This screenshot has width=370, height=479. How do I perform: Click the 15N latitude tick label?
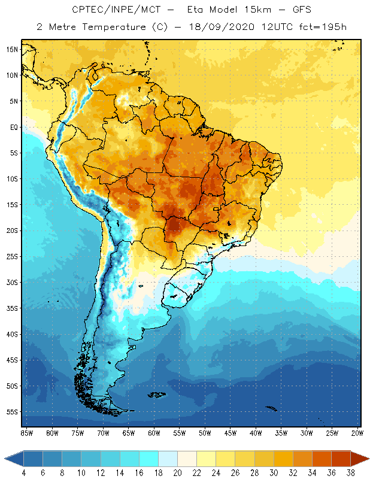[12, 49]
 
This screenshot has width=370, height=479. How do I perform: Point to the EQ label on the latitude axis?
[13, 127]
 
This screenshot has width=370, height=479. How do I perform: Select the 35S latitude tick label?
[12, 308]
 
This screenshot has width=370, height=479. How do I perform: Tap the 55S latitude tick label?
[12, 412]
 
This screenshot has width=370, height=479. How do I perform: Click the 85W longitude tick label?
[26, 432]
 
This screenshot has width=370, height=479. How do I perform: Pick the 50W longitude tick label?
[205, 432]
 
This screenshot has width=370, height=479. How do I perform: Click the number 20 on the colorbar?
[177, 473]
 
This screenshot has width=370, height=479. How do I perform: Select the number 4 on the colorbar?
[23, 473]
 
